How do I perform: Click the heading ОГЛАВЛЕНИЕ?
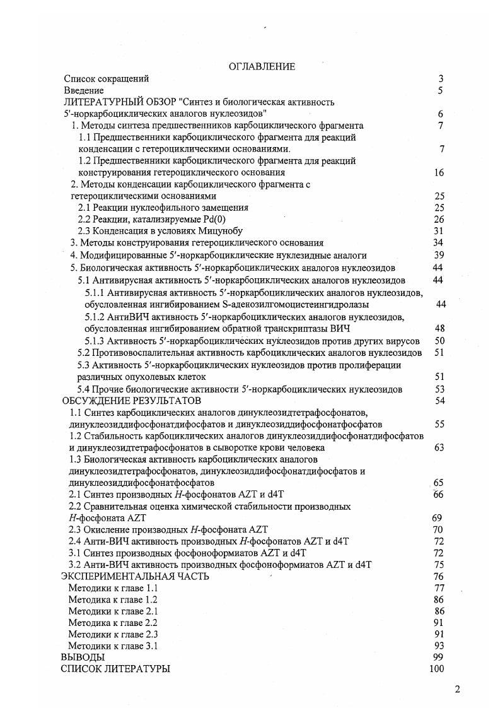click(262, 67)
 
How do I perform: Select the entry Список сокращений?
click(107, 79)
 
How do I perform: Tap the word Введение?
click(84, 91)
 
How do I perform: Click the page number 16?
click(439, 172)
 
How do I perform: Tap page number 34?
click(439, 243)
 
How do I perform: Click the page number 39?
click(439, 255)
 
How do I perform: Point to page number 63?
click(439, 447)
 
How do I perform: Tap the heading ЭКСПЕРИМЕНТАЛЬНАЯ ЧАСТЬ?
click(135, 576)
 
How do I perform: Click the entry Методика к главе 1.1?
click(112, 588)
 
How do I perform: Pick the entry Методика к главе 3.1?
click(112, 646)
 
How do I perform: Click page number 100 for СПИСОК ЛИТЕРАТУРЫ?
click(436, 669)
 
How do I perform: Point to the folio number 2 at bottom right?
click(458, 688)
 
